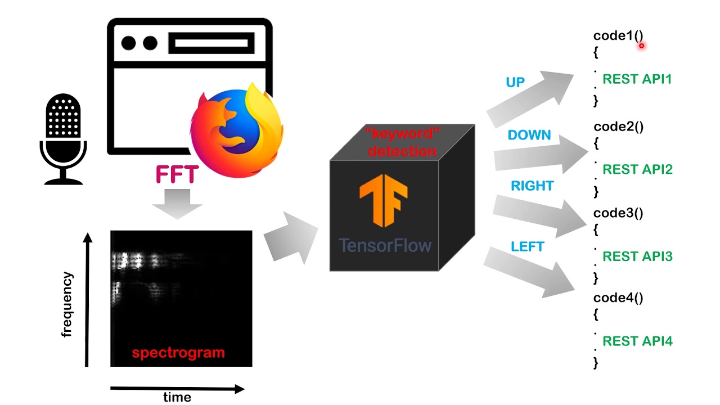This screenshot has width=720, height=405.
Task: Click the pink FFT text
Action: [x=177, y=175]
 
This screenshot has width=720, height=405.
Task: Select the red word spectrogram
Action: [x=178, y=353]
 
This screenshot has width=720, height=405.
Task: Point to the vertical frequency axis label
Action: [x=67, y=304]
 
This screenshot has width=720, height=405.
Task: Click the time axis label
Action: [x=177, y=398]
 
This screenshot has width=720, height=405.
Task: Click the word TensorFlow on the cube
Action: [x=385, y=245]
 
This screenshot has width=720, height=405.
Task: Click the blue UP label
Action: [x=515, y=83]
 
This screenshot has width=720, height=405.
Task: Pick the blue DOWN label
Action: [x=529, y=135]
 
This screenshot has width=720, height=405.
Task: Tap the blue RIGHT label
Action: [x=532, y=186]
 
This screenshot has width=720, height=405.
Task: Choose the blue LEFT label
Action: [x=527, y=246]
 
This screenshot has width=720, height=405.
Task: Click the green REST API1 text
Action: [x=637, y=79]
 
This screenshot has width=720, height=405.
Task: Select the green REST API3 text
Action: [x=637, y=256]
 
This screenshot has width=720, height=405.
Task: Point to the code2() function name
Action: [x=618, y=127]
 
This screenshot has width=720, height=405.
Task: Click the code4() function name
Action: [x=618, y=298]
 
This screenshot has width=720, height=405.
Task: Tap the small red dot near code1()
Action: [x=641, y=46]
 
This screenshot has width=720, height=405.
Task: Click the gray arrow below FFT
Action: [x=177, y=204]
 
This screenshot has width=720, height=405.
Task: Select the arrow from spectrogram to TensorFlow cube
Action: [x=290, y=238]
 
